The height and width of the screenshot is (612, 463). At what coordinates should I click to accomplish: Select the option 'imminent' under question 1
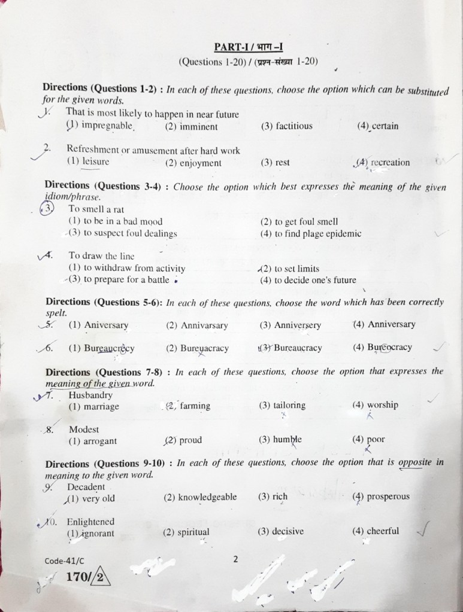tap(191, 127)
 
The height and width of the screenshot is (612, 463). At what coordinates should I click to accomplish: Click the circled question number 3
tap(47, 208)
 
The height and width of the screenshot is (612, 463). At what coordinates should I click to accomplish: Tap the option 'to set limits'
tap(290, 269)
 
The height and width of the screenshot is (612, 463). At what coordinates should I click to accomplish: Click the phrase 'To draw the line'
tap(101, 256)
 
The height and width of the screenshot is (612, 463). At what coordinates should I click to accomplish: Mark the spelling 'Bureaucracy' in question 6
tap(290, 348)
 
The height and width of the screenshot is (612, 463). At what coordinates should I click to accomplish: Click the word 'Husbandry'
tap(90, 395)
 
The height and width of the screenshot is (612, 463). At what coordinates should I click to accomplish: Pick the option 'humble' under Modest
tap(280, 440)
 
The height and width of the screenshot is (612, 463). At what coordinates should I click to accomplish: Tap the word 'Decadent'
tap(86, 487)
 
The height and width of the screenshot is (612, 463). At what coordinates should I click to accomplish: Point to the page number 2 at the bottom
tap(235, 559)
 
